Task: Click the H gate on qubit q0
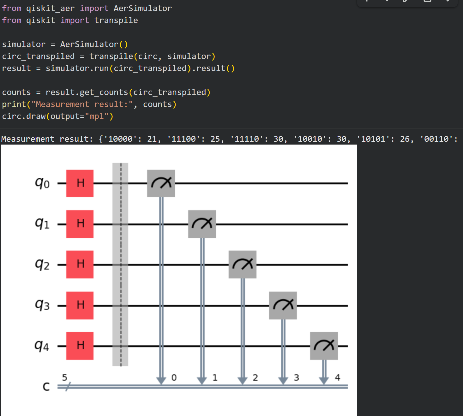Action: pos(80,183)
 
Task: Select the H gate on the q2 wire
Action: pos(80,264)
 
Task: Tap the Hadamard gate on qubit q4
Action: pos(80,346)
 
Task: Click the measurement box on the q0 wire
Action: pos(161,183)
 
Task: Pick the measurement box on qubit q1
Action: pos(202,224)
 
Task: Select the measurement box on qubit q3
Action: pos(283,305)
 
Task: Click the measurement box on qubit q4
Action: pos(324,346)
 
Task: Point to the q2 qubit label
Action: pos(42,264)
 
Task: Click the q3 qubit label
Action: pos(42,305)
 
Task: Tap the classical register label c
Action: pos(46,386)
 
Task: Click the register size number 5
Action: pos(65,377)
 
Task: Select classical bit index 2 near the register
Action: pos(256,377)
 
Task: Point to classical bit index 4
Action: pos(338,377)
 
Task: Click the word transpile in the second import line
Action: pos(116,21)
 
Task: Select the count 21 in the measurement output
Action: pos(152,139)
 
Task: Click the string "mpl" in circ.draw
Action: pos(96,116)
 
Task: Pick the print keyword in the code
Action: pos(14,104)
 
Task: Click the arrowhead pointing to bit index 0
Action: pos(161,380)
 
